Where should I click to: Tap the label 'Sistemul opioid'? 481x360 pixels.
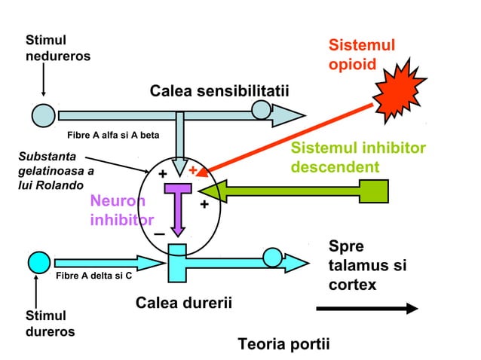click(x=361, y=54)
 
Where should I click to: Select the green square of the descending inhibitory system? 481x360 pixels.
click(x=374, y=191)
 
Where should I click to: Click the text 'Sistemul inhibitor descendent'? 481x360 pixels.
click(x=358, y=157)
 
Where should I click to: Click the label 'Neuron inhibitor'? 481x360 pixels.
click(x=121, y=211)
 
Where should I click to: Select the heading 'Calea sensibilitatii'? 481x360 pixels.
click(x=219, y=92)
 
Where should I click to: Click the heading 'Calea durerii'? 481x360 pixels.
click(x=183, y=303)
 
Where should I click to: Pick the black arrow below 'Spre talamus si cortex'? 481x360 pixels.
click(x=366, y=308)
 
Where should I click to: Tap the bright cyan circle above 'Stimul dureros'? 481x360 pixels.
click(x=39, y=262)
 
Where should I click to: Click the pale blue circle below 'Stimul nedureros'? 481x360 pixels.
click(x=43, y=114)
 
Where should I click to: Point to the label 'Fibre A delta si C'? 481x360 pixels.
click(x=94, y=276)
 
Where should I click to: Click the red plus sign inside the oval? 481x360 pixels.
click(x=193, y=171)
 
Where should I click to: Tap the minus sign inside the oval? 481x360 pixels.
click(x=159, y=235)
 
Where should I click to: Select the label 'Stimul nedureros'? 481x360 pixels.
click(x=57, y=47)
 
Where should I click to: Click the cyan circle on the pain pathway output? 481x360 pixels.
click(x=273, y=258)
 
